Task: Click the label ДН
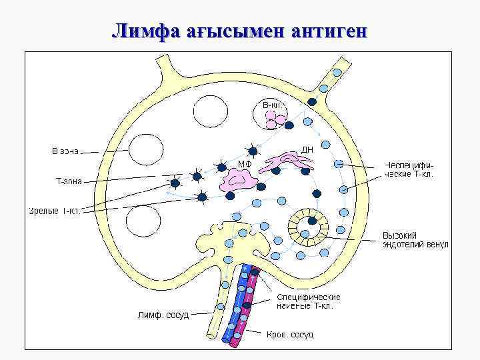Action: click(x=307, y=150)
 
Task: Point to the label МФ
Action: click(x=244, y=164)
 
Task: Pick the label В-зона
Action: click(x=65, y=151)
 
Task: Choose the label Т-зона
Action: click(x=68, y=180)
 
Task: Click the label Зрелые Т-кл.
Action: click(x=55, y=211)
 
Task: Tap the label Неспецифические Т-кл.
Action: click(x=409, y=169)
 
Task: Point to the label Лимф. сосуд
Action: click(x=163, y=314)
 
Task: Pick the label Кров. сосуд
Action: click(x=289, y=334)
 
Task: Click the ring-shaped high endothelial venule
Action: click(x=309, y=227)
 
